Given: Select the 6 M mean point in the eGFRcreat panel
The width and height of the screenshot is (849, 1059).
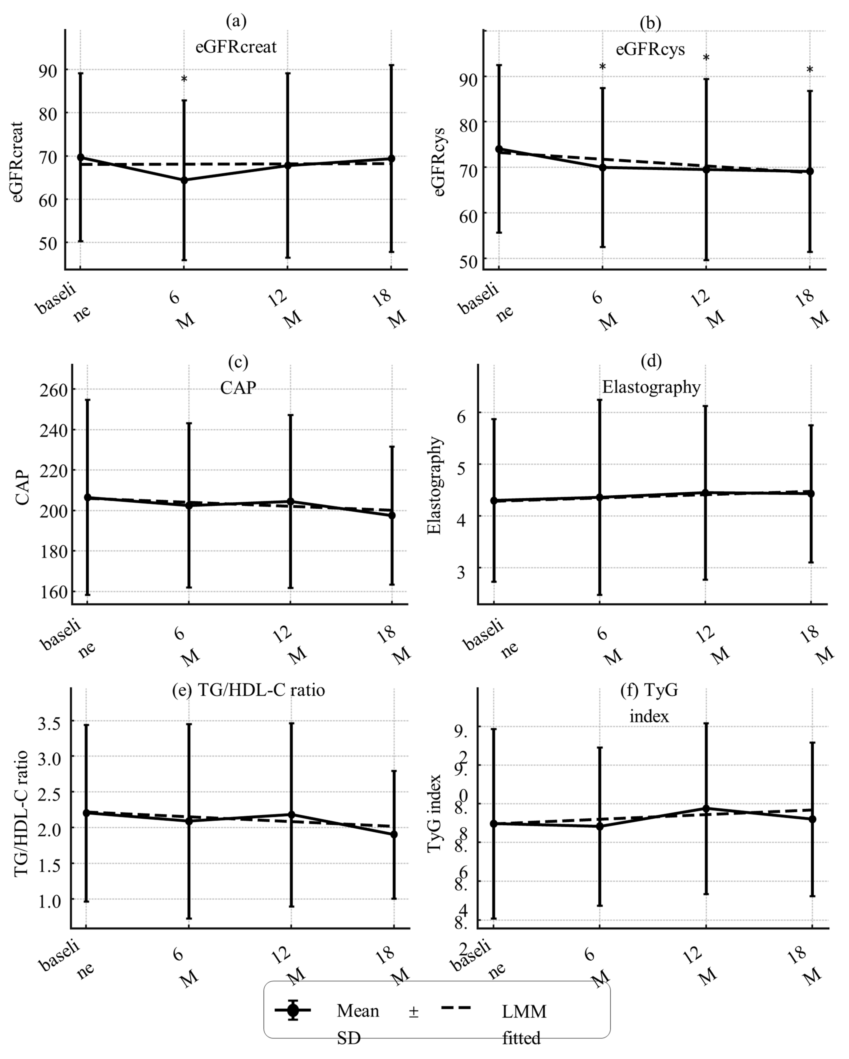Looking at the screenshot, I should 184,180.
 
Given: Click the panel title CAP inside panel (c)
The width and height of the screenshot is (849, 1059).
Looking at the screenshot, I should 238,388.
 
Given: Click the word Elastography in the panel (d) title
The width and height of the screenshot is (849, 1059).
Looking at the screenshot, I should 651,387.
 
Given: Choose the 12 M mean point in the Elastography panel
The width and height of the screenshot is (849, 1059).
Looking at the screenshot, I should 705,493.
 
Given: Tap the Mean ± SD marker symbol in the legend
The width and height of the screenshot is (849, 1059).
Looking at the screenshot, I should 293,1010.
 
